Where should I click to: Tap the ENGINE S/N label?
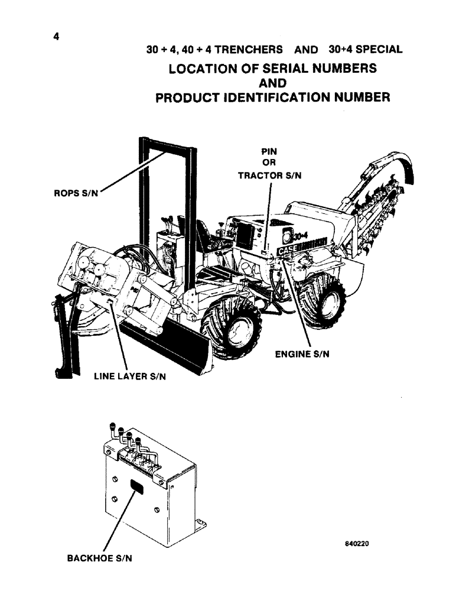(303, 354)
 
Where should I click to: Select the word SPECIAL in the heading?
(378, 50)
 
